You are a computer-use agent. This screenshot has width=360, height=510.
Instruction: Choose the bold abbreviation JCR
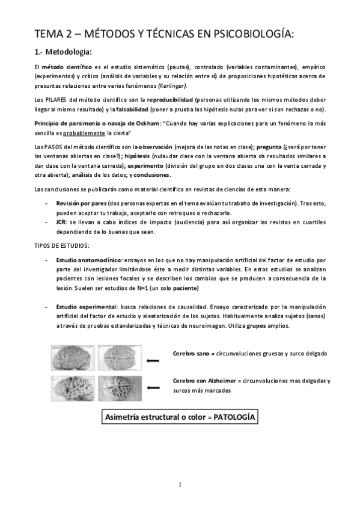62,223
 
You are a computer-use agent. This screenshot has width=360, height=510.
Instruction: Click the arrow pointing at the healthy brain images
153,360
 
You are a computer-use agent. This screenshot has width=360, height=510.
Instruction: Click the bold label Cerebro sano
191,353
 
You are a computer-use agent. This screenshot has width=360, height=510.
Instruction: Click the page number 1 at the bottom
180,485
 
